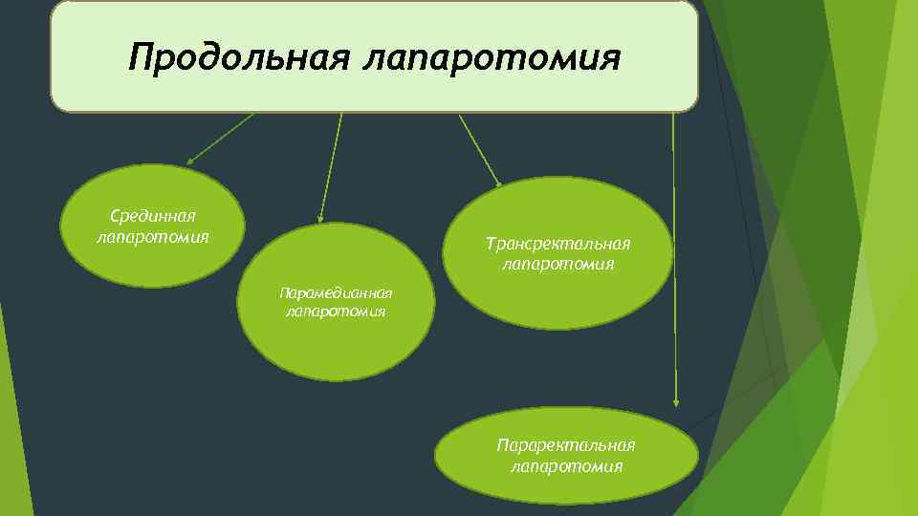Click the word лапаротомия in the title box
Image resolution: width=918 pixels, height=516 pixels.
(x=492, y=58)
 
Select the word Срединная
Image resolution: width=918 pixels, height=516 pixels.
(x=154, y=218)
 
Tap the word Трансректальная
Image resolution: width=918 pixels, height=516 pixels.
(x=558, y=245)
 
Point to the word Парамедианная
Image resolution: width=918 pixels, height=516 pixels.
(x=336, y=292)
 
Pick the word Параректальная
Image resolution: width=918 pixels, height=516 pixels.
(x=566, y=446)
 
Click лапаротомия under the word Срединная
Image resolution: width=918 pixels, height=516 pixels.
(x=153, y=236)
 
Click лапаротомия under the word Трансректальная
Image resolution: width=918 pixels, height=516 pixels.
(x=558, y=264)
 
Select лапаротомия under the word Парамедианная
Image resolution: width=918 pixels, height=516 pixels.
(x=336, y=311)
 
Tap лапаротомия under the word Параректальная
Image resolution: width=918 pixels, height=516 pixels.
(x=566, y=466)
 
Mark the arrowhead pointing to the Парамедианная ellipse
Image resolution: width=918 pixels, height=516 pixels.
(x=320, y=219)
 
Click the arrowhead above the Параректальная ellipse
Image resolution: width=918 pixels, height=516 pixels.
(x=676, y=403)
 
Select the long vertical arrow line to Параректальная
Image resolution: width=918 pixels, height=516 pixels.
(x=674, y=258)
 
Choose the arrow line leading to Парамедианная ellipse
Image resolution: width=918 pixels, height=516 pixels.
(x=331, y=167)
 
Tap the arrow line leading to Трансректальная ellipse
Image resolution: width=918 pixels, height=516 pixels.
(x=478, y=147)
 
